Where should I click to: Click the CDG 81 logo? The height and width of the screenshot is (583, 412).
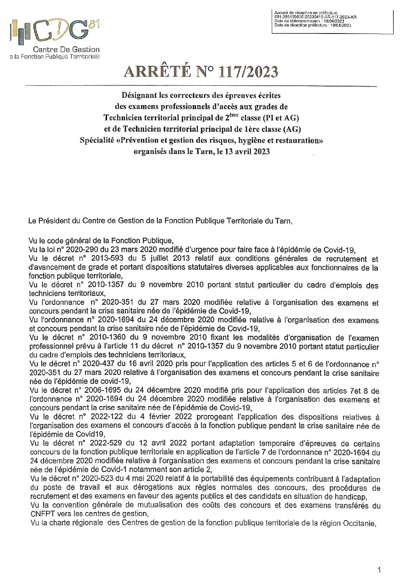[x=55, y=31]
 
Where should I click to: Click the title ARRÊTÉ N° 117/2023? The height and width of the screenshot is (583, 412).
[x=201, y=72]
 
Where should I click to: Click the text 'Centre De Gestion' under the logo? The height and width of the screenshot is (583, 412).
[x=66, y=49]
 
